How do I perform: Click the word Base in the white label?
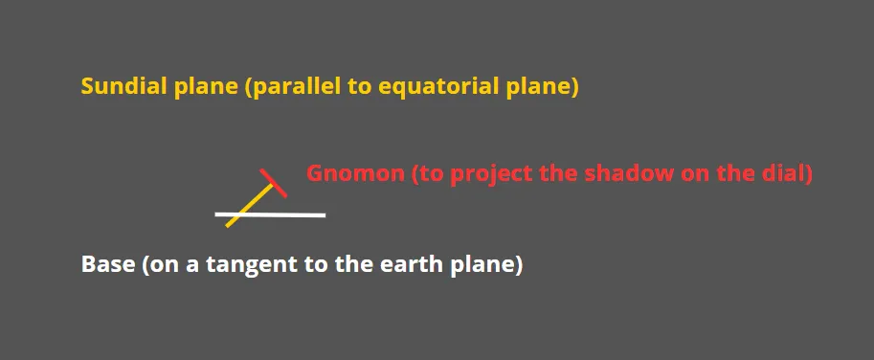(108, 264)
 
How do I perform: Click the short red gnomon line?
(274, 183)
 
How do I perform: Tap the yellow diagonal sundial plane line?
(249, 205)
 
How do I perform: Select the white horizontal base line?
(270, 214)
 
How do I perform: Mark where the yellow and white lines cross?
(239, 214)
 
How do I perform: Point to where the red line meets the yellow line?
(273, 184)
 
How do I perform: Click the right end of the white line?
(325, 215)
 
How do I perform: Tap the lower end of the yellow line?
(226, 226)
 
